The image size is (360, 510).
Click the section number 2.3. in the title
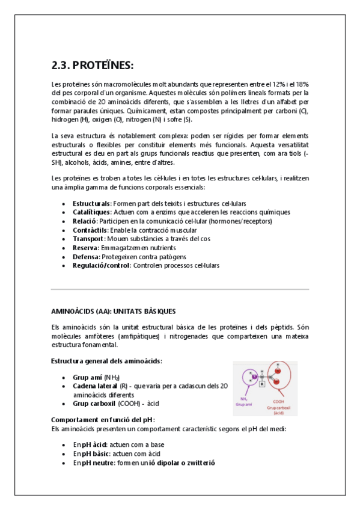(x=62, y=65)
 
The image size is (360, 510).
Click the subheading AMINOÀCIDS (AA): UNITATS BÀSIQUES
(x=113, y=311)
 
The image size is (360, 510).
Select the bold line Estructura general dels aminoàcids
(x=106, y=361)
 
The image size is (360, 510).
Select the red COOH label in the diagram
(x=278, y=402)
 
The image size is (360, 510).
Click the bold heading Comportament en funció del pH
(x=103, y=419)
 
